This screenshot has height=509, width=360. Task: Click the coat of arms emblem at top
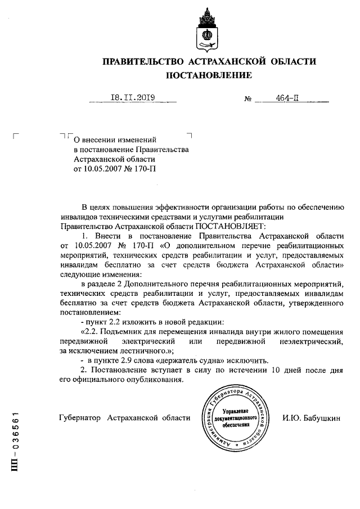(208, 31)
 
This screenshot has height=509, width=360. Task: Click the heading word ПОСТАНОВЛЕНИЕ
(208, 75)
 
